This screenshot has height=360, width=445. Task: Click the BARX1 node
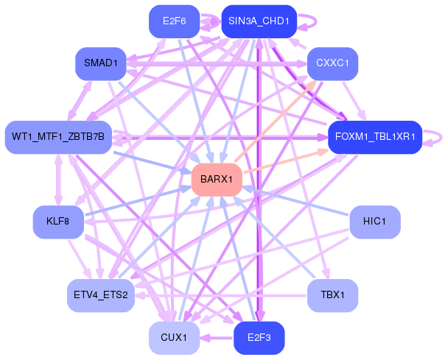coord(217,180)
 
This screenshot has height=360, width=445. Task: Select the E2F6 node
coord(175,21)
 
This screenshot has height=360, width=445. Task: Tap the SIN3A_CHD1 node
coord(259,21)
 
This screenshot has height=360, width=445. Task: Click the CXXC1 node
coord(332,63)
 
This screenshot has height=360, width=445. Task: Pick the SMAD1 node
coord(101,63)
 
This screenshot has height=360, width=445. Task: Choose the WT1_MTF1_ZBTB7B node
coord(58,138)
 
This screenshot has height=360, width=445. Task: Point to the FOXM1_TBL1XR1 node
coord(375,138)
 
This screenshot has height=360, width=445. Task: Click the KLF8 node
coord(58,222)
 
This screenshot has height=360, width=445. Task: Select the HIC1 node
coord(375,222)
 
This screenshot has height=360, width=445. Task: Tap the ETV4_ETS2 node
coord(101,296)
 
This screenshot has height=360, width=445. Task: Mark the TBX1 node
coord(332,296)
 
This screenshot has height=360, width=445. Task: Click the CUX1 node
coord(175,338)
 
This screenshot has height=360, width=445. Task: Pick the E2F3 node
coord(259,338)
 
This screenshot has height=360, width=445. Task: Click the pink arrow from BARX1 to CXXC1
coord(276,121)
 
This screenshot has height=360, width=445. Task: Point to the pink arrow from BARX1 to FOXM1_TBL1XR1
coord(287,160)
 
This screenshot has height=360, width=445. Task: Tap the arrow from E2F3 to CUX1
coord(217,338)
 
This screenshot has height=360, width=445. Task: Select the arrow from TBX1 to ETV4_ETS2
coord(220,296)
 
